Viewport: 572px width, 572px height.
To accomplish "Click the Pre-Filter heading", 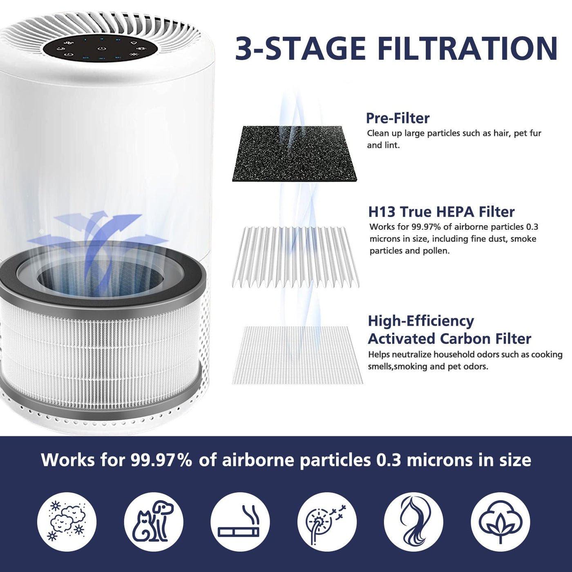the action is pyautogui.click(x=398, y=118).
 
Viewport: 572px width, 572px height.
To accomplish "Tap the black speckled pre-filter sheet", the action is pyautogui.click(x=294, y=154).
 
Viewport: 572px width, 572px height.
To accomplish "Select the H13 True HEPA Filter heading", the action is pyautogui.click(x=441, y=212).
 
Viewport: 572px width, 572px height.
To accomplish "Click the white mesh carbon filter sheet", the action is pyautogui.click(x=297, y=355).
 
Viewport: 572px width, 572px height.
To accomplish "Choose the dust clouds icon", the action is pyautogui.click(x=67, y=521).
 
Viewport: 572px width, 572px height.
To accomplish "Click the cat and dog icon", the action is pyautogui.click(x=154, y=521).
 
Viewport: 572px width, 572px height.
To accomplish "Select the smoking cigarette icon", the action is pyautogui.click(x=240, y=521).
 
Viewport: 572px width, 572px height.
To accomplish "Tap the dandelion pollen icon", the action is pyautogui.click(x=327, y=521).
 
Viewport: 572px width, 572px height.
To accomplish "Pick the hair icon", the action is pyautogui.click(x=413, y=521).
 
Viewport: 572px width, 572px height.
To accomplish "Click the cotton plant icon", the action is pyautogui.click(x=500, y=521).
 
